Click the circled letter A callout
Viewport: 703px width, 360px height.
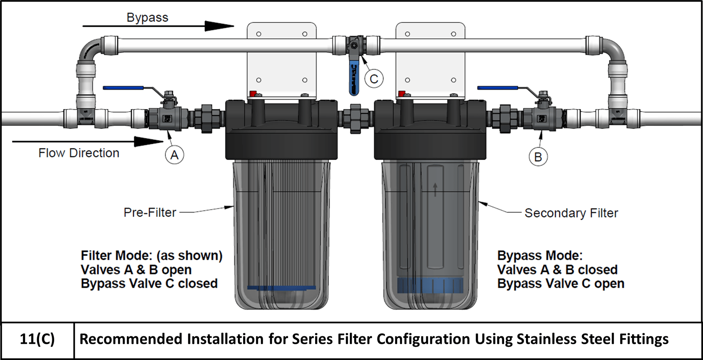click(174, 155)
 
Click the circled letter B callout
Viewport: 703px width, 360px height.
click(538, 157)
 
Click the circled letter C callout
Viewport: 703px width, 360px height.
click(374, 79)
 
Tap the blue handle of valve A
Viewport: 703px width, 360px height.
click(123, 88)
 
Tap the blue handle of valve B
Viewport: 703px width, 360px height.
click(497, 88)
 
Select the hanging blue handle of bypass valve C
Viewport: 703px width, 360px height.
click(354, 79)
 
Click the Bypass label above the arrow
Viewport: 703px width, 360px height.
click(147, 18)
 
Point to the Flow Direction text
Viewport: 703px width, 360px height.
click(79, 153)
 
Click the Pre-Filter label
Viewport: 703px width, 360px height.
click(150, 212)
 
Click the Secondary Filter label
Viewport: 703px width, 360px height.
click(571, 213)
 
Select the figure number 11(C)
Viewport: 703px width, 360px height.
click(37, 339)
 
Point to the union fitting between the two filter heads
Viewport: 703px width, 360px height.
click(356, 118)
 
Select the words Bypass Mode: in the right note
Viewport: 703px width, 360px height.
click(540, 256)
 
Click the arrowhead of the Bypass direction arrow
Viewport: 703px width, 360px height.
click(220, 26)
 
